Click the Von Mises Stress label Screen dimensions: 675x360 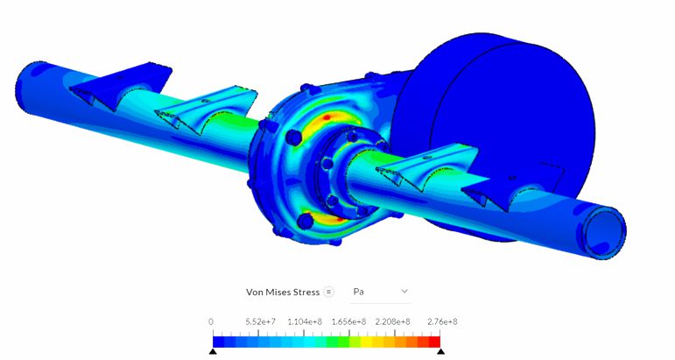[283, 292]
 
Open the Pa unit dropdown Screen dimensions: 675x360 [380, 292]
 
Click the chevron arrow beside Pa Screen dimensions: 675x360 [404, 291]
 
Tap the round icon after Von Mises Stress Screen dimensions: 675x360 [328, 292]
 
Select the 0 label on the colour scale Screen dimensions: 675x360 [210, 321]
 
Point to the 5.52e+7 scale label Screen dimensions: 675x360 [260, 321]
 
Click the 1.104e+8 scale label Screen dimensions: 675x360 [305, 321]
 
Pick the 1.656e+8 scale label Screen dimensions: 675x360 [348, 321]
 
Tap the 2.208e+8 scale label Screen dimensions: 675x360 [392, 321]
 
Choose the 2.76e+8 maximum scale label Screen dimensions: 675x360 [442, 321]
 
